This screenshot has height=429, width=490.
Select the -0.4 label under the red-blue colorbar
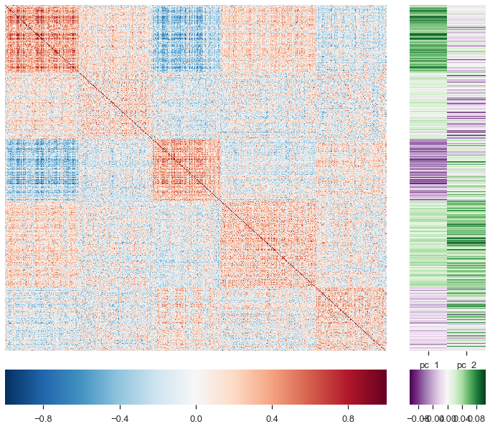pos(119,416)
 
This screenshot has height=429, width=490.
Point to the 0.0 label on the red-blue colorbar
pos(196,416)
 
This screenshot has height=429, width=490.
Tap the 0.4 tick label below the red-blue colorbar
pos(272,416)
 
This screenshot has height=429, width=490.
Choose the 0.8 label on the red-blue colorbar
pos(348,416)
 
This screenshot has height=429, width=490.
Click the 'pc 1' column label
pos(429,365)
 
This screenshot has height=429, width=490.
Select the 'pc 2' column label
pos(466,365)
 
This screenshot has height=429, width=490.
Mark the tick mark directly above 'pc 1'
pos(428,354)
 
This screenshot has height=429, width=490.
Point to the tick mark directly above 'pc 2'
pos(466,354)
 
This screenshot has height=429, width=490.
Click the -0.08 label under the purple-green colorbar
pos(417,416)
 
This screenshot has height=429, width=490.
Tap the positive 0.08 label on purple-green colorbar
pos(476,416)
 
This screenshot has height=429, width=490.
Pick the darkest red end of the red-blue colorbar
pos(383,387)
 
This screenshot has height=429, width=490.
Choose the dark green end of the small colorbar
pos(483,387)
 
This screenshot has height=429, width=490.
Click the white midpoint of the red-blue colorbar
pos(196,387)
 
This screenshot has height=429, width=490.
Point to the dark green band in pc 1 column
pos(428,36)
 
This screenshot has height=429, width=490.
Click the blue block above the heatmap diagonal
pos(186,39)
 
